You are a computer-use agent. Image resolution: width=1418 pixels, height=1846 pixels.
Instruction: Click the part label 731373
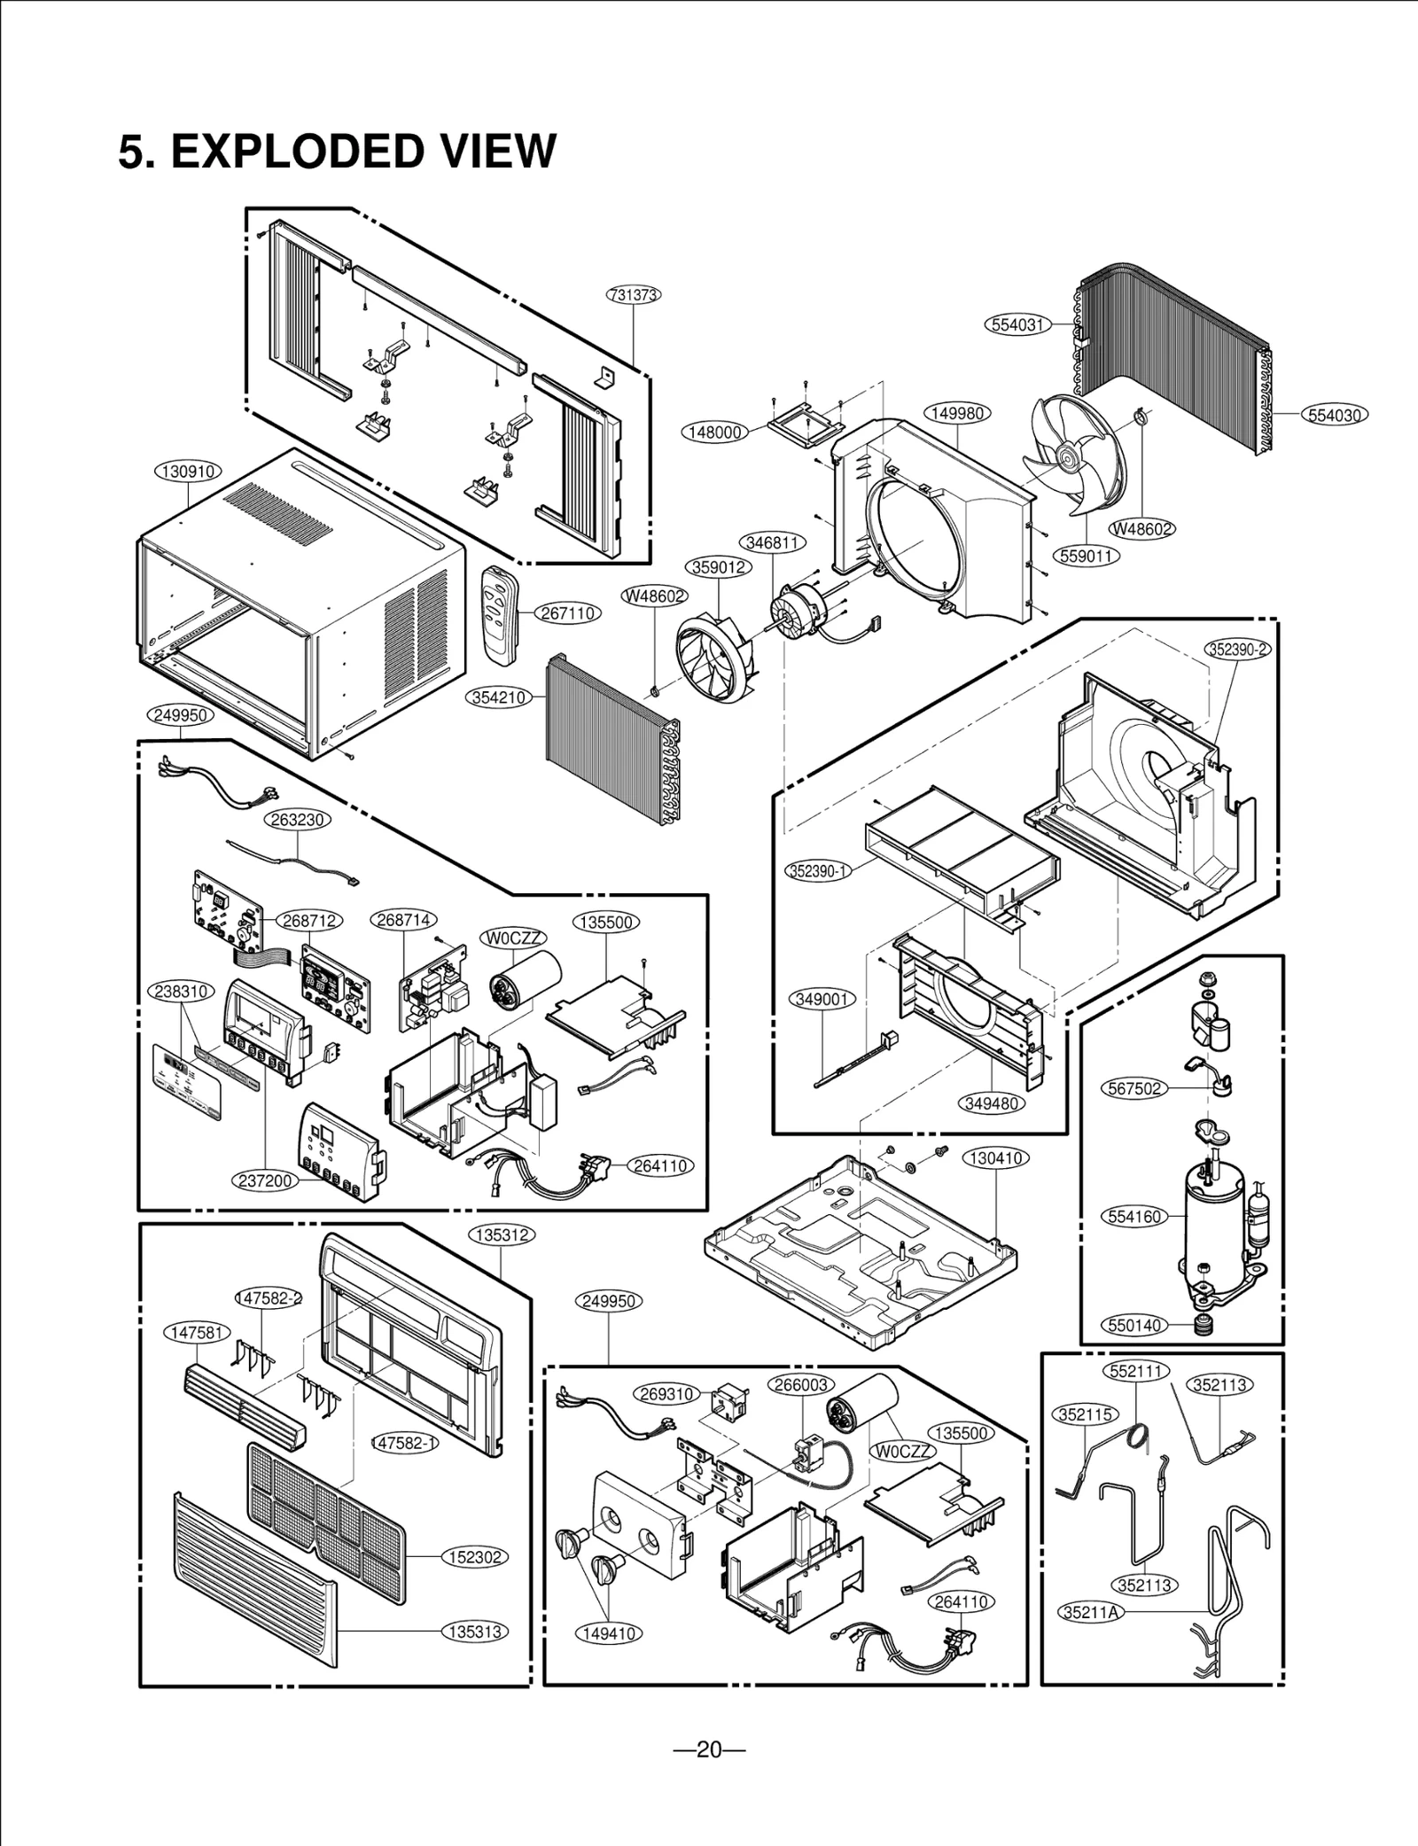click(634, 295)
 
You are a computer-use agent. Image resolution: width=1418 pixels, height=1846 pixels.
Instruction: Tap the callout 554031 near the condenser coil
click(1017, 324)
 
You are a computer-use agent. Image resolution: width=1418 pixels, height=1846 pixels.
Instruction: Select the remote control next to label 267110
click(499, 613)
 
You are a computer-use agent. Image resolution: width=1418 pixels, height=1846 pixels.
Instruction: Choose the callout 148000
click(715, 432)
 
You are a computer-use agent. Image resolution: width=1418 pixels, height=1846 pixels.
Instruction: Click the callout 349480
click(992, 1103)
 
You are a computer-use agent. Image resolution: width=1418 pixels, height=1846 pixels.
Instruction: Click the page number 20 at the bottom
click(708, 1749)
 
